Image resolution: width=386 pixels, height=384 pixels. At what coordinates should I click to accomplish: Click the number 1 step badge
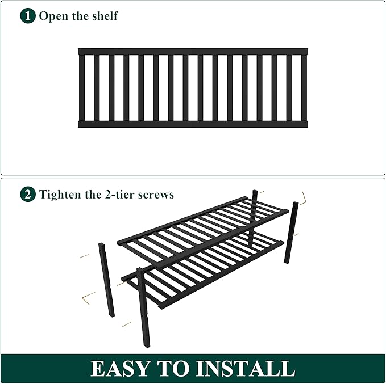[28, 15]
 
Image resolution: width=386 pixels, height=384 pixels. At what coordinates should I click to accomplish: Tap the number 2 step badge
[28, 195]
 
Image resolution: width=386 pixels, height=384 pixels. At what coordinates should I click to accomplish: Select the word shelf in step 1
[104, 15]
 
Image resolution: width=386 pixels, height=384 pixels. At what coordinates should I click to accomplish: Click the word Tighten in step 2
[60, 195]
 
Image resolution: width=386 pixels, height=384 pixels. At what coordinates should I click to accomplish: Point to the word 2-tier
[118, 195]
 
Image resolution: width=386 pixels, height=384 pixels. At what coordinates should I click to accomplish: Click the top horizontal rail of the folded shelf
[193, 51]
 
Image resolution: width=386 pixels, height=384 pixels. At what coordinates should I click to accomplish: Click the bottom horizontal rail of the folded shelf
[193, 124]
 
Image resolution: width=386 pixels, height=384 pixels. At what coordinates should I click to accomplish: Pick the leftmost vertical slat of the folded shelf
[82, 88]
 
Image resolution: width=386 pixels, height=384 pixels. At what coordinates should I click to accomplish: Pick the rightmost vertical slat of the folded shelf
[304, 88]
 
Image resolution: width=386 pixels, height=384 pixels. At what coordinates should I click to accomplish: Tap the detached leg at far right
[291, 233]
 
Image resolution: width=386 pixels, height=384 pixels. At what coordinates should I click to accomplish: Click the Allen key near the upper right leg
[305, 199]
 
